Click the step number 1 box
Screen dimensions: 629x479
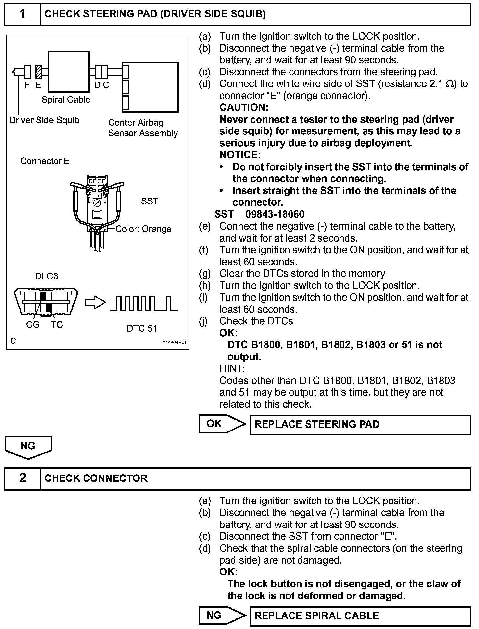22,14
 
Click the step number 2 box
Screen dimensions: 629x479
22,478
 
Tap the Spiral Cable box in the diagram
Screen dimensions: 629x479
69,72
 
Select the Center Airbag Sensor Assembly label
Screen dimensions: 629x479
143,128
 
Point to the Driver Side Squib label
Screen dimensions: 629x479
44,120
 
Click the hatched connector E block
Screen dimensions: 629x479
38,72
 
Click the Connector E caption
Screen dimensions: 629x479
45,161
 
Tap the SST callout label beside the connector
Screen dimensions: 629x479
150,201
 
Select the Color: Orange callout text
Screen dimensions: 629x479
143,229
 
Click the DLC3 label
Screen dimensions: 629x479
47,276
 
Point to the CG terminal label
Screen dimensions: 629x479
33,325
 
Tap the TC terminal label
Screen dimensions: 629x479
57,325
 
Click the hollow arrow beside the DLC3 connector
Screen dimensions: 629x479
95,303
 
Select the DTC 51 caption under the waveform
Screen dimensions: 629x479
142,328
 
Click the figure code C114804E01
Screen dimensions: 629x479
173,342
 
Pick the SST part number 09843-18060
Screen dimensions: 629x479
275,214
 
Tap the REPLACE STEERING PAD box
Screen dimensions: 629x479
360,425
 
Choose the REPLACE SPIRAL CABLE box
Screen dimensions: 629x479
360,616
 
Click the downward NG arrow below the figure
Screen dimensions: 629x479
28,447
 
